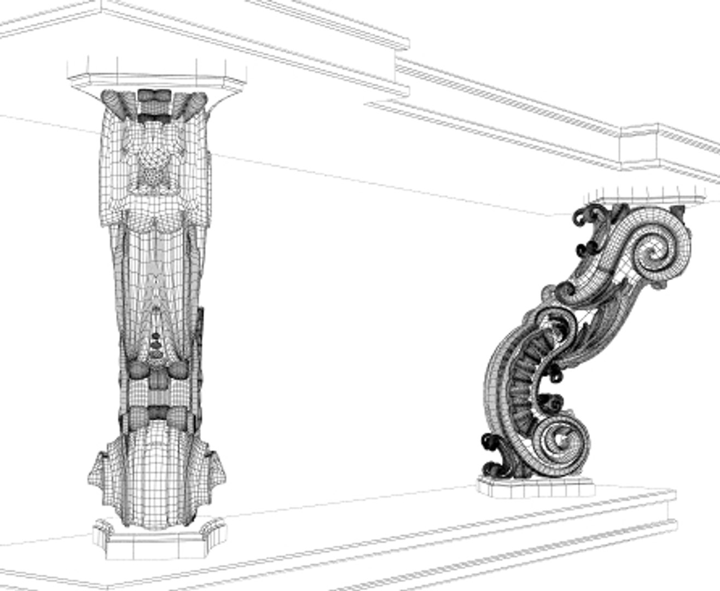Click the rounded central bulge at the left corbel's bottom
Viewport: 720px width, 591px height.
[x=156, y=471]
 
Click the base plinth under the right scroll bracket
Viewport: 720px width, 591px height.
[x=535, y=486]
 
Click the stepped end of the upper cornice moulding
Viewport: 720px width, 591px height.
[x=402, y=66]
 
